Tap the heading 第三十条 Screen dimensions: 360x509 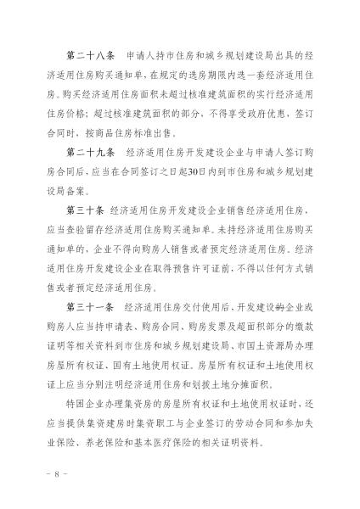click(78, 208)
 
